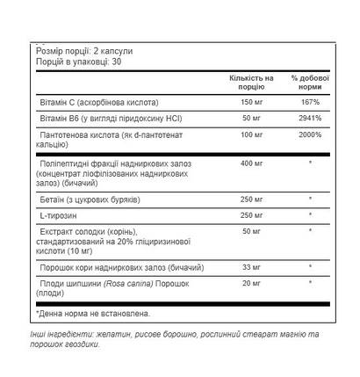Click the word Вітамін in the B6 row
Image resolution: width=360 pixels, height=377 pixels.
tap(57, 117)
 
